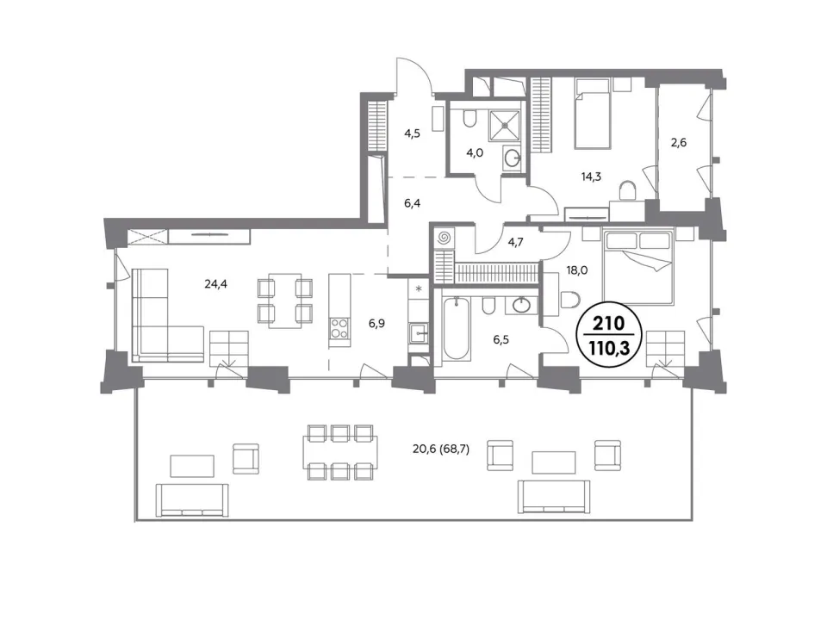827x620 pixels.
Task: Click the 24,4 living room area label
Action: (x=215, y=284)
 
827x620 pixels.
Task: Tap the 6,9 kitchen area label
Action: (x=376, y=323)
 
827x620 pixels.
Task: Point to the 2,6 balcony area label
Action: (x=679, y=142)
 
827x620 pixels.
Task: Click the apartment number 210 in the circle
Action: (x=608, y=323)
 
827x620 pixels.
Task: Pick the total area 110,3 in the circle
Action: (x=608, y=348)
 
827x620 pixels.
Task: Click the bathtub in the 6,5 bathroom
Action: (x=457, y=329)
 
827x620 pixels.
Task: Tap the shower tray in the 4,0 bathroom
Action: (x=505, y=126)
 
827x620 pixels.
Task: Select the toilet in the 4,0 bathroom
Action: (x=469, y=118)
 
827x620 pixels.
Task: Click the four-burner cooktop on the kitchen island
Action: (x=339, y=329)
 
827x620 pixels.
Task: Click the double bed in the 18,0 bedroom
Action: (x=638, y=267)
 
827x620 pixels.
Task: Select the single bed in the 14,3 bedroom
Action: (x=593, y=113)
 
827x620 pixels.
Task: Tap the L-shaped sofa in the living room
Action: (x=165, y=319)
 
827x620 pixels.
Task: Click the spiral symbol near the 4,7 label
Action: (x=444, y=238)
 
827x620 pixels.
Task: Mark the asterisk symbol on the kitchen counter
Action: (x=420, y=289)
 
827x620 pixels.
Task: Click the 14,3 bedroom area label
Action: (x=591, y=177)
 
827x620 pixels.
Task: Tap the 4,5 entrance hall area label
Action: (x=412, y=133)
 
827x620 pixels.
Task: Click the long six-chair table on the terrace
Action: (x=339, y=452)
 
